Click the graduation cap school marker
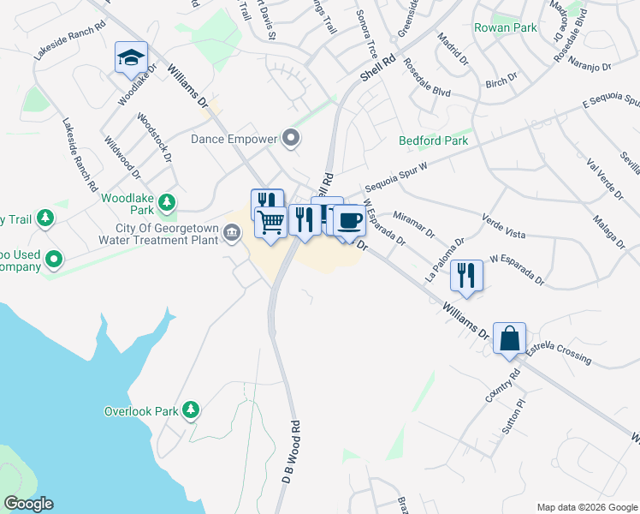(131, 58)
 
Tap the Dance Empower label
(234, 139)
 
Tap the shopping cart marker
(271, 224)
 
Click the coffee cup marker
(348, 222)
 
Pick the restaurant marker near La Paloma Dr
(466, 275)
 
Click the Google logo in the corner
(28, 503)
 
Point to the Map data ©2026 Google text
(587, 507)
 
